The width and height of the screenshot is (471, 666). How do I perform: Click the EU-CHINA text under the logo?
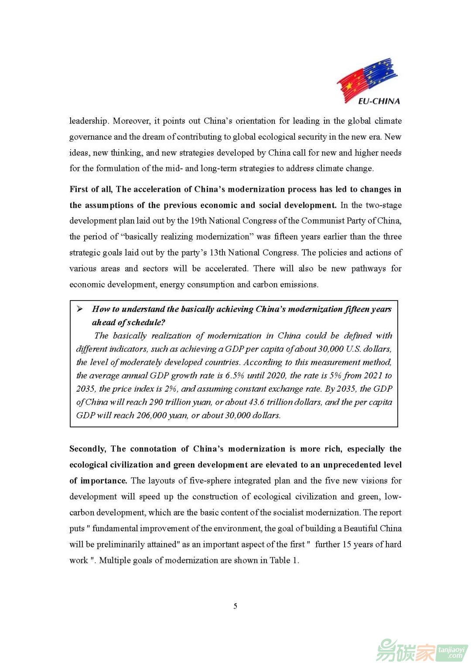coord(379,101)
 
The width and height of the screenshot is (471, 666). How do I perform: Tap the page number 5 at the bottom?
coord(235,606)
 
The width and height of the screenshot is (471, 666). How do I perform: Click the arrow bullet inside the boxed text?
coord(80,309)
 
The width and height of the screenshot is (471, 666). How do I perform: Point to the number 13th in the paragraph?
coord(218,253)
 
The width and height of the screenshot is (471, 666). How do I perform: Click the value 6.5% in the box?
coord(235,376)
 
